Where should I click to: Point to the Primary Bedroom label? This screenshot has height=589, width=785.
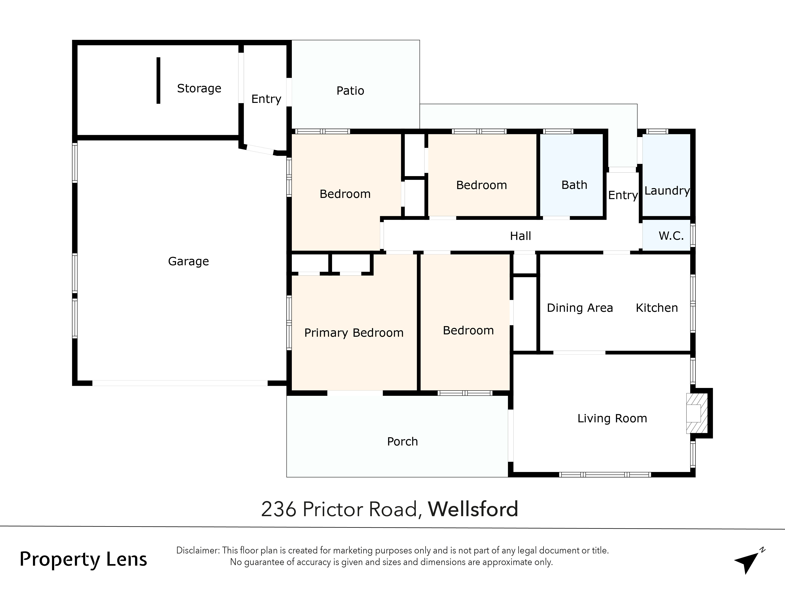pos(354,333)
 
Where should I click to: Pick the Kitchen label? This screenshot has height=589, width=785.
pos(656,308)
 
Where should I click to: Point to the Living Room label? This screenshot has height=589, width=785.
pos(612,418)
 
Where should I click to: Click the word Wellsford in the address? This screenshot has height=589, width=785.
pos(473,509)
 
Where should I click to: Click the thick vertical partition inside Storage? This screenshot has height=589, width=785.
pos(158,80)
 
